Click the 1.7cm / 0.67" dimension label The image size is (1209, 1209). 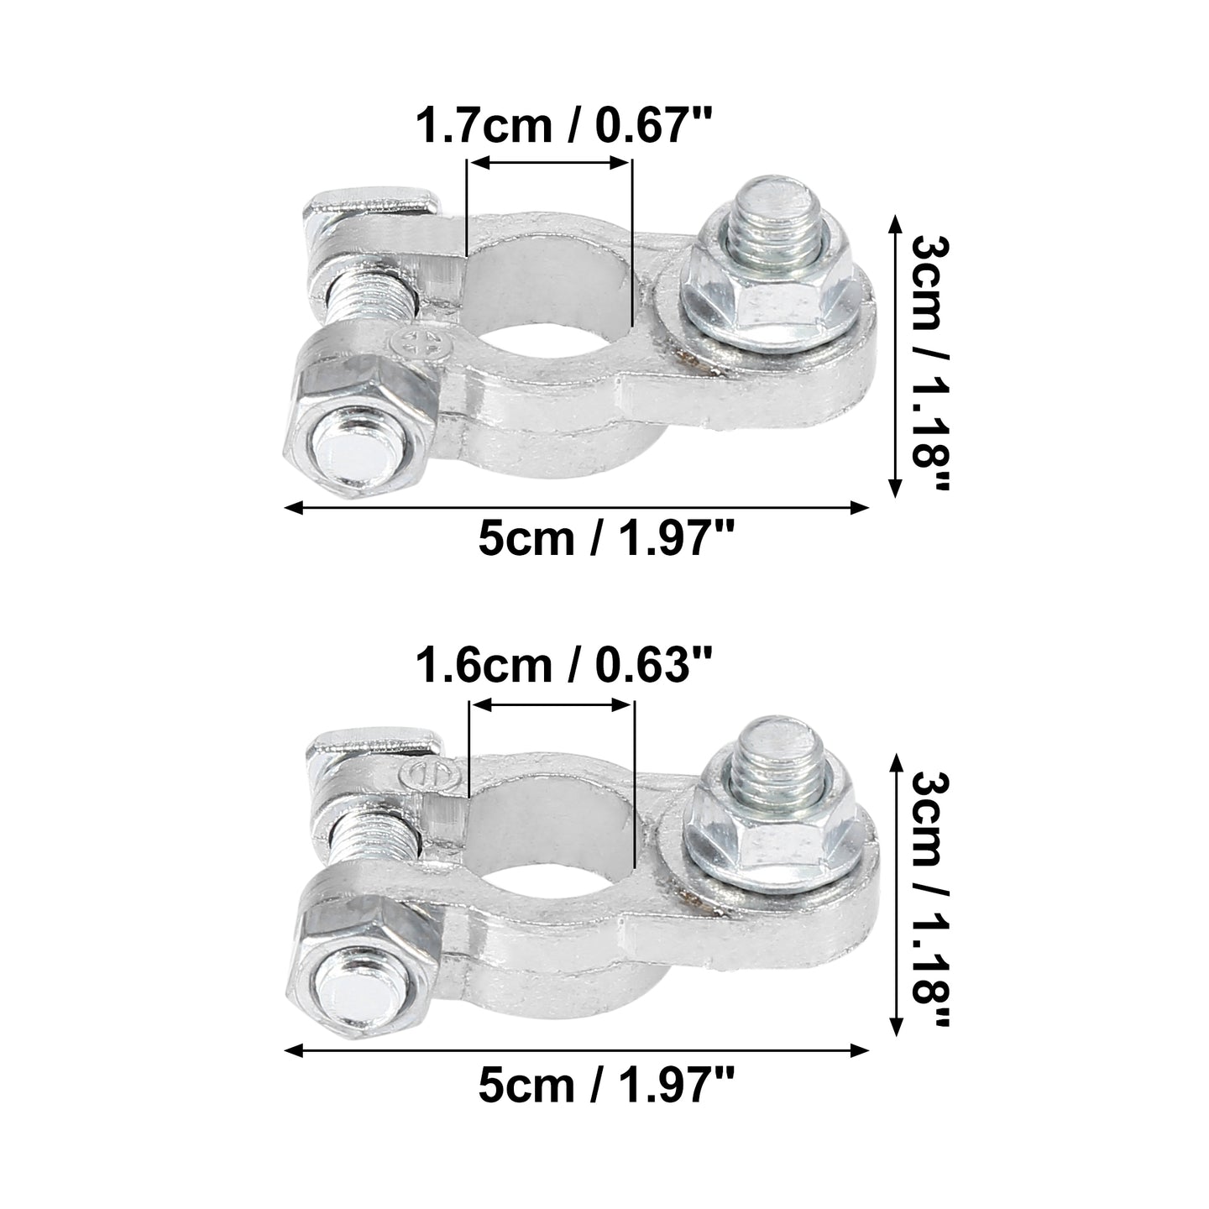tap(564, 125)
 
